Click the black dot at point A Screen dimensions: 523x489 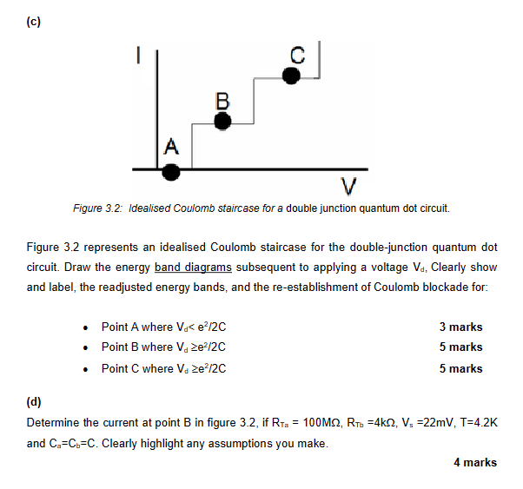click(172, 171)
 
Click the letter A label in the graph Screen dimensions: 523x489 click(171, 145)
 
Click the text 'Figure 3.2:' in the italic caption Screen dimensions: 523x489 click(99, 209)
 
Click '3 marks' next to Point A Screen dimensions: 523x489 click(460, 327)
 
